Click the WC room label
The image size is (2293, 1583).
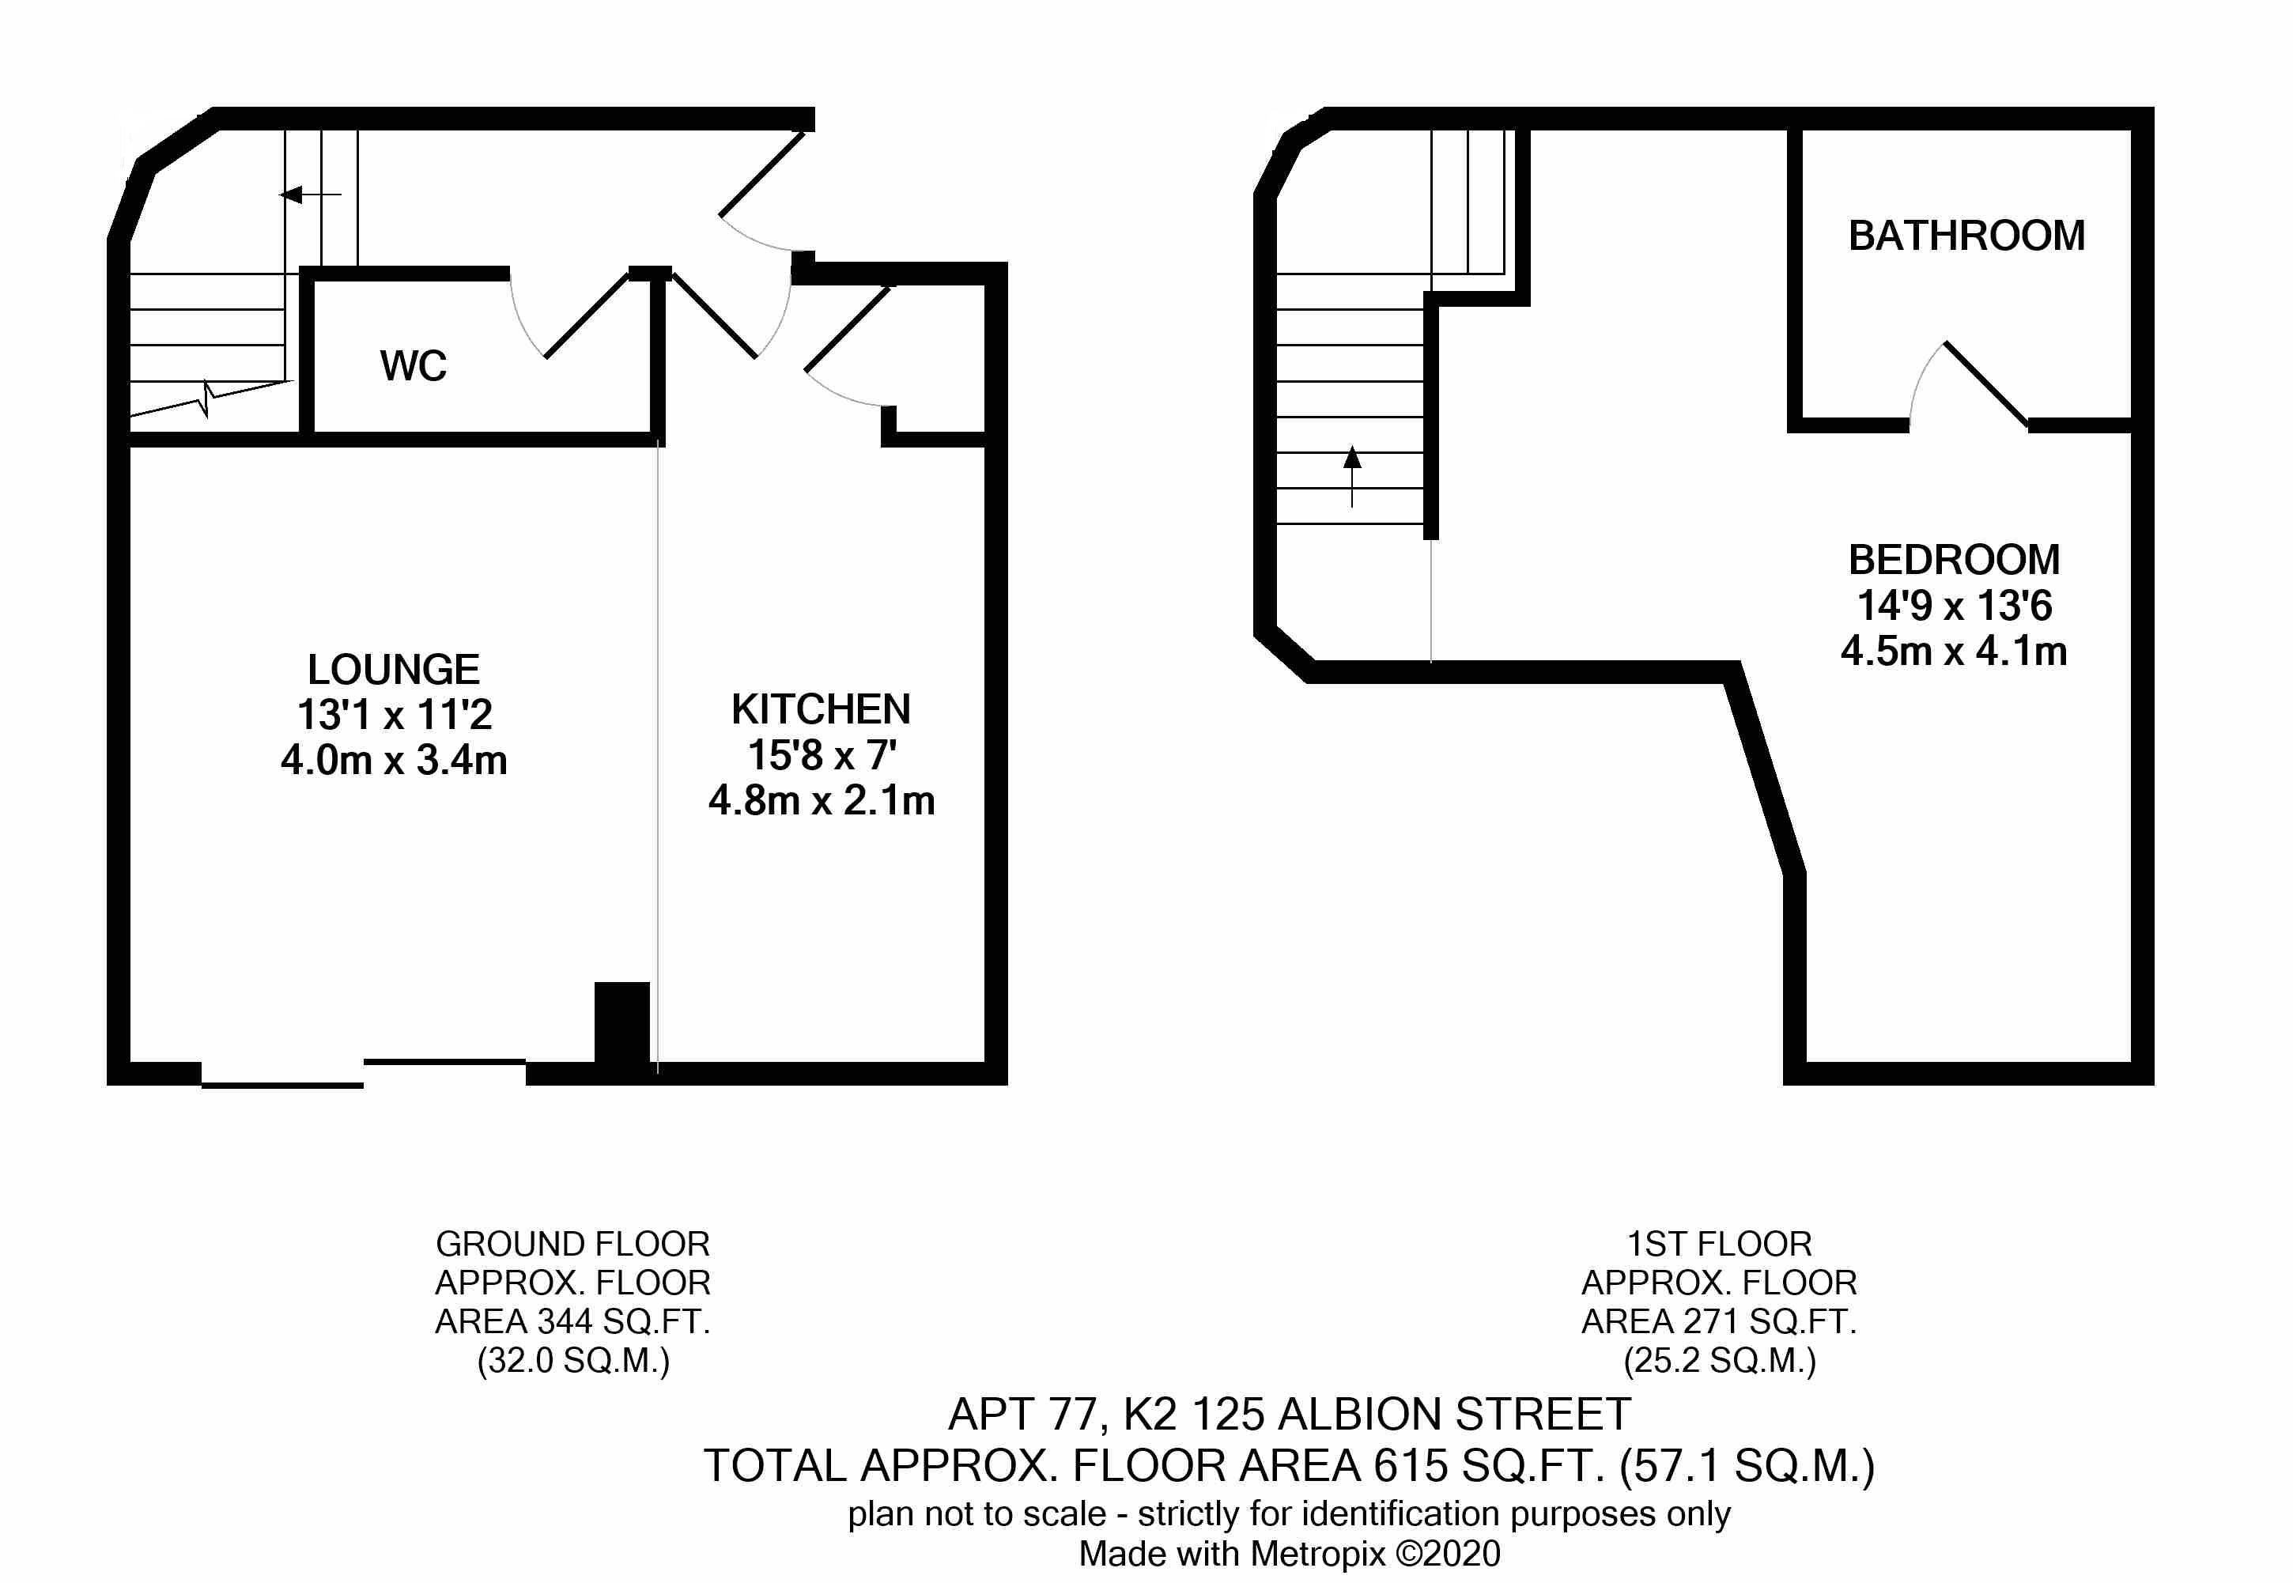coord(414,366)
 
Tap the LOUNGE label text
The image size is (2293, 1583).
coord(394,670)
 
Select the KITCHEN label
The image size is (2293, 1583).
coord(822,709)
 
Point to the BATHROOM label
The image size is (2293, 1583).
coord(1966,235)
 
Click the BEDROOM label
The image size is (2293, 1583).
coord(1954,559)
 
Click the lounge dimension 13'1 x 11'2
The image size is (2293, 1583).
coord(395,714)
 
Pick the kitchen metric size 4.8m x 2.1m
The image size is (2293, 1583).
coord(822,800)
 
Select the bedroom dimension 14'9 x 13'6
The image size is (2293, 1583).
coord(1954,605)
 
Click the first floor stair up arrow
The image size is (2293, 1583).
coord(1352,476)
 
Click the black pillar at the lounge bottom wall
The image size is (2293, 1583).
coord(621,1022)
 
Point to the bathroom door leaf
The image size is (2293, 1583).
coord(1986,385)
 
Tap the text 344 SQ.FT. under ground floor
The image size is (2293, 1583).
coord(624,1321)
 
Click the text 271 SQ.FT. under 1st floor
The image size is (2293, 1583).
coord(1770,1321)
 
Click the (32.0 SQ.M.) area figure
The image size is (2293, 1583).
coord(573,1361)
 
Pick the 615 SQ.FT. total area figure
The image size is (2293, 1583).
coord(1483,1465)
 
